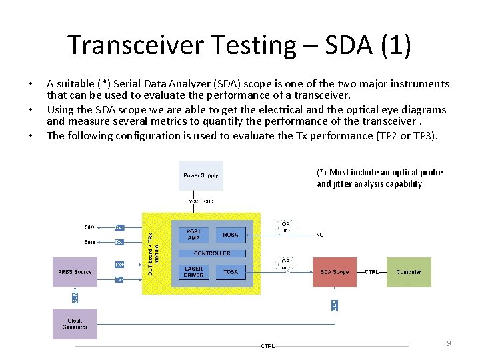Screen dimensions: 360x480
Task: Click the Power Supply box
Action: [201, 175]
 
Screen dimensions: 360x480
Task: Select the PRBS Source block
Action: [75, 272]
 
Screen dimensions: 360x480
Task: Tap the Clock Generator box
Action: [75, 324]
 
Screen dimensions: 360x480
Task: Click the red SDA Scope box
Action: [335, 272]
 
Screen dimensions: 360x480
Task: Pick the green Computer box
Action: [409, 272]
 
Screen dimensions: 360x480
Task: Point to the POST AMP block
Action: [193, 235]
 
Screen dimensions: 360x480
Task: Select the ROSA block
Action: [231, 235]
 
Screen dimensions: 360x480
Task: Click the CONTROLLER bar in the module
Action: [212, 253]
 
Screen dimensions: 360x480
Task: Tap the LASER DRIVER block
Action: [193, 272]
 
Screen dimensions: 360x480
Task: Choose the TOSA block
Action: [231, 272]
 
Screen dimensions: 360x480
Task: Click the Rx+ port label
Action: [119, 227]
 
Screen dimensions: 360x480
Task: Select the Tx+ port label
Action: [119, 265]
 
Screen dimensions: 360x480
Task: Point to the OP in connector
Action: [285, 228]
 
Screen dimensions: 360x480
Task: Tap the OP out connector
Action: [285, 265]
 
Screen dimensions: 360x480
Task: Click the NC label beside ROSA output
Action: [319, 235]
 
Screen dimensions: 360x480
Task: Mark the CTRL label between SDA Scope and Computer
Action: [372, 272]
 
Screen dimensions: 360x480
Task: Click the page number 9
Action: [449, 343]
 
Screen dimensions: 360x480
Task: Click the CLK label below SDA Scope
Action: [334, 305]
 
